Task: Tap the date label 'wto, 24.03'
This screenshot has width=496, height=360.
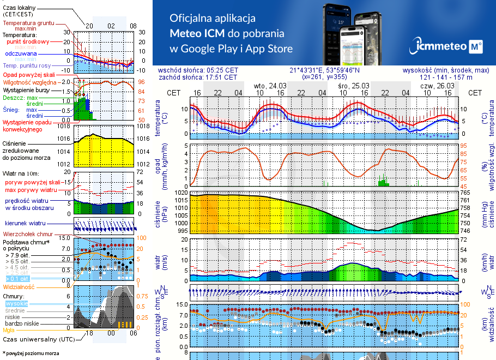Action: tap(270, 86)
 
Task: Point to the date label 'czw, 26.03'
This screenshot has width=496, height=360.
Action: tap(437, 86)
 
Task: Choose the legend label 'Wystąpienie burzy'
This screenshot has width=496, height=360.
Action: tap(27, 88)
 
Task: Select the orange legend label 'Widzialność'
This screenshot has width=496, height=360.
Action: tap(19, 286)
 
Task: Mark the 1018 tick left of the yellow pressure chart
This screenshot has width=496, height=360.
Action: tap(64, 127)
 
